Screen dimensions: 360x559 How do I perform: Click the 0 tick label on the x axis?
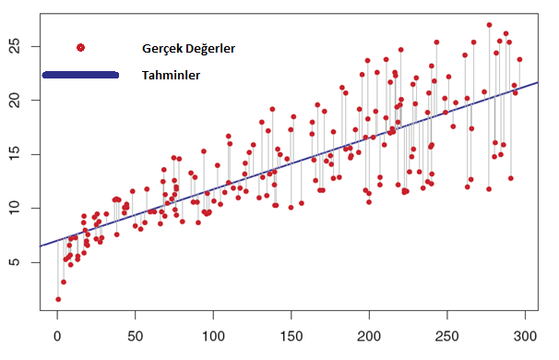57,339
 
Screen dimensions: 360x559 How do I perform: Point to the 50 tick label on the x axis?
135,339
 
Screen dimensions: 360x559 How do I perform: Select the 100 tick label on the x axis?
213,339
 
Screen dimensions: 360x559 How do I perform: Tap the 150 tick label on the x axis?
291,339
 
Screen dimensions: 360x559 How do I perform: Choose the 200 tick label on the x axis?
369,339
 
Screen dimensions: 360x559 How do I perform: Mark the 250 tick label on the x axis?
447,339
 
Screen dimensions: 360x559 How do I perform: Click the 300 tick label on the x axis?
525,339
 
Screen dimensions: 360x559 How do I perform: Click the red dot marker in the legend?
81,48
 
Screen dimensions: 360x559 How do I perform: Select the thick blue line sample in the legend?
81,75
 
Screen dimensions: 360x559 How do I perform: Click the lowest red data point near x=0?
58,299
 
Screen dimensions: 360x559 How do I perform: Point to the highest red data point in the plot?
489,25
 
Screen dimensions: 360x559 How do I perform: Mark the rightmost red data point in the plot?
519,59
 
